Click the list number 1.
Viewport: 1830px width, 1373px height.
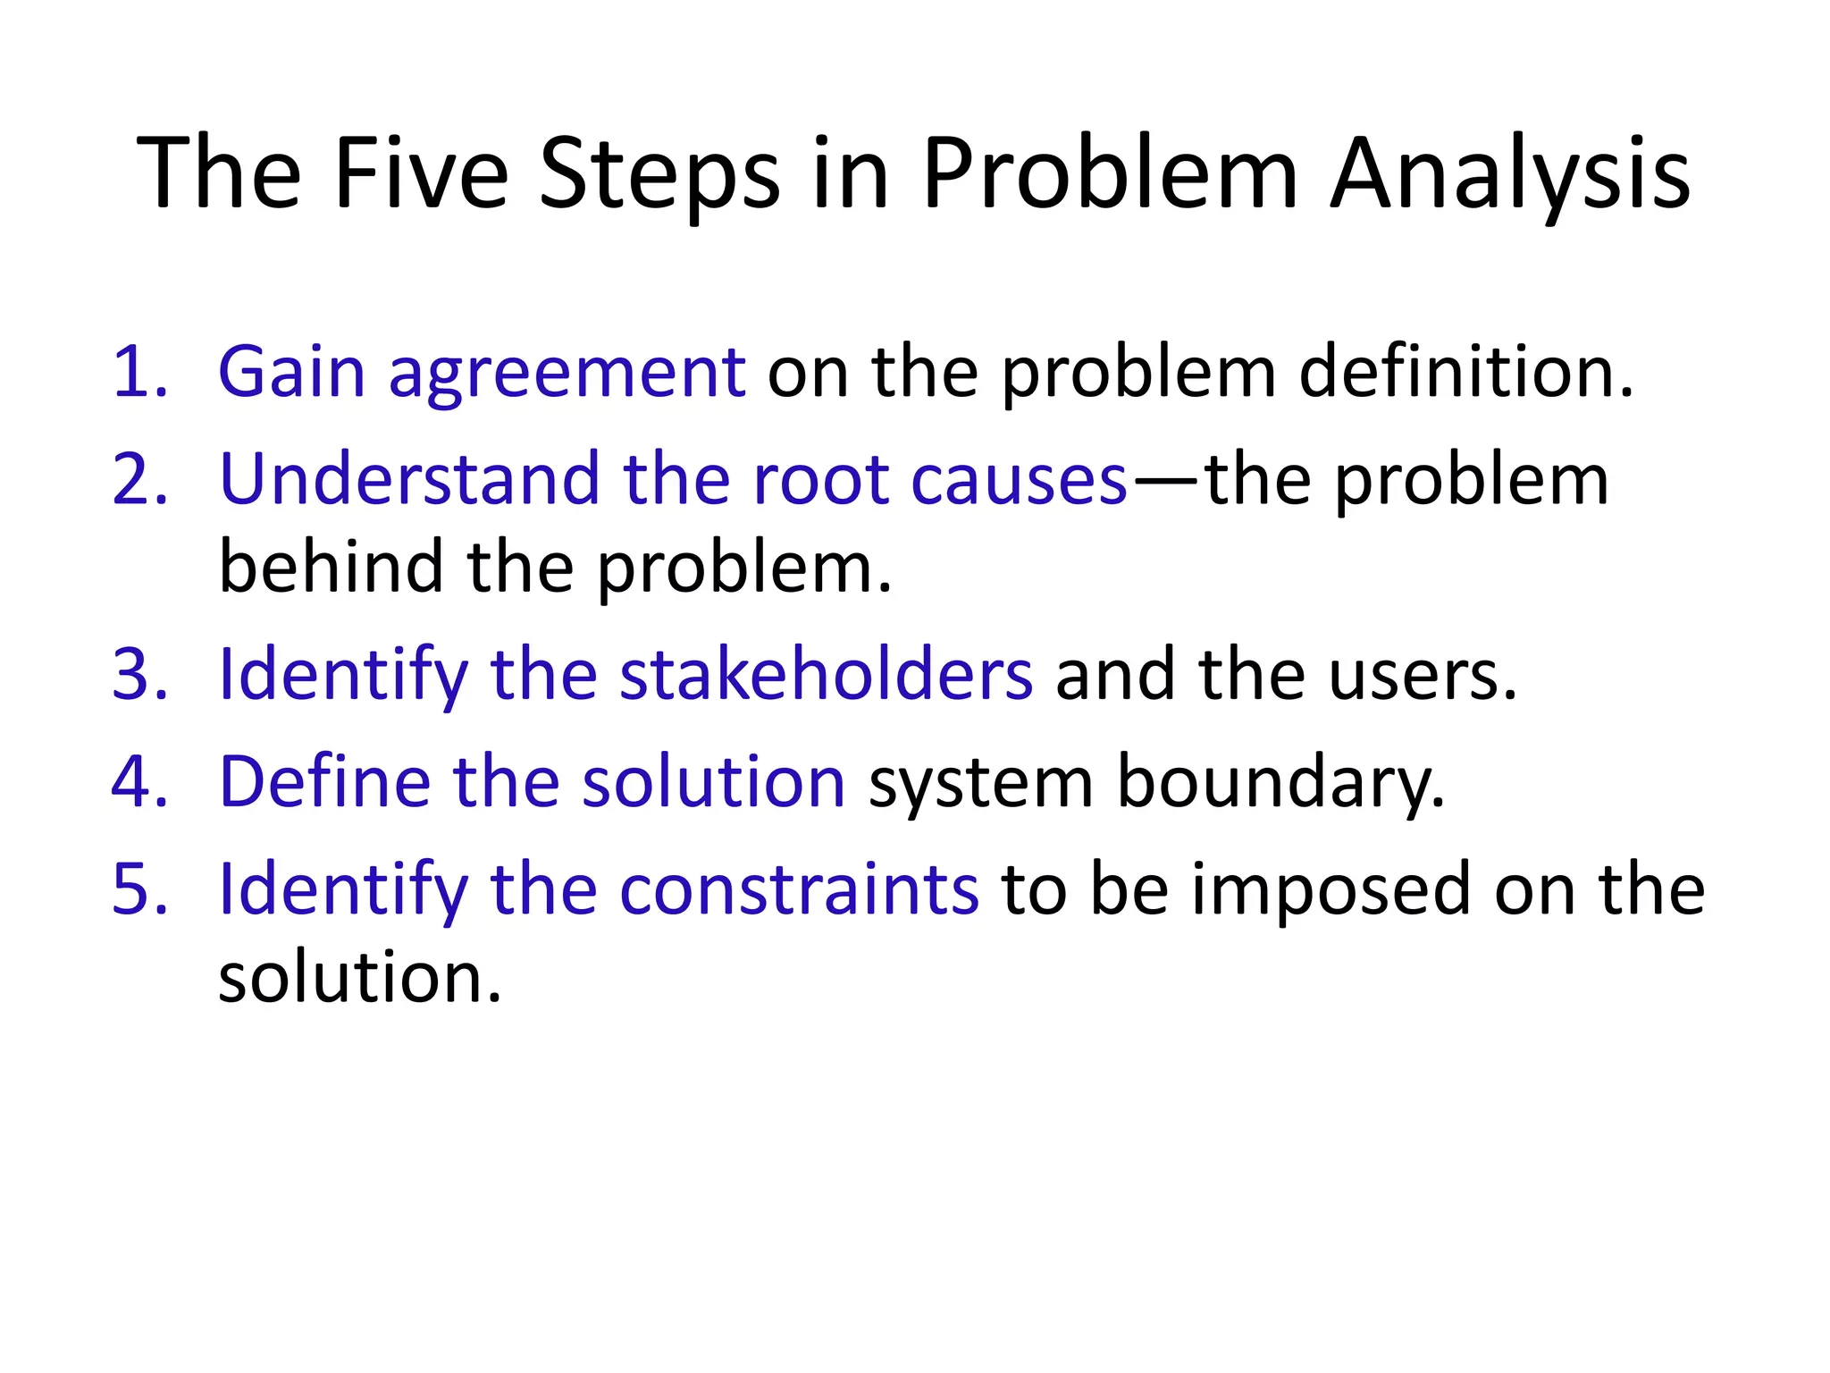[x=139, y=372]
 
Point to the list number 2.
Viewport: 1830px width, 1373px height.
[x=139, y=480]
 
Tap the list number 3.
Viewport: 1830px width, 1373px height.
[x=139, y=674]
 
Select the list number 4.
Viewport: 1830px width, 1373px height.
[x=139, y=781]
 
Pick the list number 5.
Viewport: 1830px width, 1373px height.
[x=139, y=889]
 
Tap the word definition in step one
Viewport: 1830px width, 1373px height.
[x=1465, y=372]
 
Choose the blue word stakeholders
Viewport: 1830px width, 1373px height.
[x=826, y=674]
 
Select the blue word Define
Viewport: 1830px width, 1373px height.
[x=324, y=781]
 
